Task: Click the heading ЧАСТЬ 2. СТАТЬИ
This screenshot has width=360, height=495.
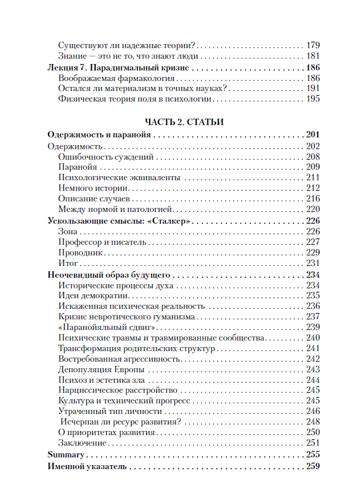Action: click(180, 122)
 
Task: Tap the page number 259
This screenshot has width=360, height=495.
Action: click(312, 467)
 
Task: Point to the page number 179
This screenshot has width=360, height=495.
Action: click(313, 45)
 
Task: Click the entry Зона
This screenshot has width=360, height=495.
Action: click(69, 231)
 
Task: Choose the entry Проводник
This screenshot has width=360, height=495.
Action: click(81, 252)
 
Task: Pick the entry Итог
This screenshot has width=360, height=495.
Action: click(69, 263)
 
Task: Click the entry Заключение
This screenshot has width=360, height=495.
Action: click(83, 443)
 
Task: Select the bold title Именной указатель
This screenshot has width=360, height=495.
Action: click(87, 467)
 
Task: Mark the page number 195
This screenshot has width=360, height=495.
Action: click(313, 99)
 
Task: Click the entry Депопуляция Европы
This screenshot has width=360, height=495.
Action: click(102, 369)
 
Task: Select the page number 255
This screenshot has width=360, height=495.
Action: click(312, 455)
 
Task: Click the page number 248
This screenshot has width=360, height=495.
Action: click(313, 422)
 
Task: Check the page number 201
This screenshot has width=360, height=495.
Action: click(312, 134)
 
